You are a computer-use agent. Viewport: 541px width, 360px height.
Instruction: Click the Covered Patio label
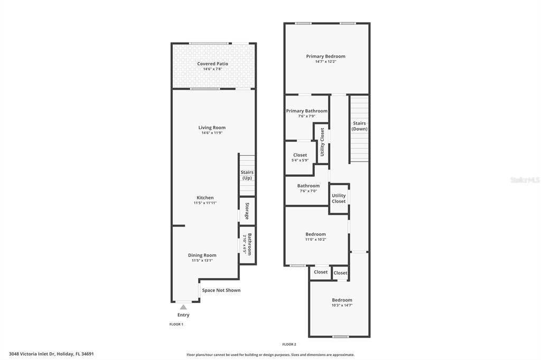[212, 64]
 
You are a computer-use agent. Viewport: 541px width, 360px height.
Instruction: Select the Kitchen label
[205, 198]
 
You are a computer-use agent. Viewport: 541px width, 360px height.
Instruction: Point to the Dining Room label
[202, 255]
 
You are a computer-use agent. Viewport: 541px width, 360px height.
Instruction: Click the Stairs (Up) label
[247, 175]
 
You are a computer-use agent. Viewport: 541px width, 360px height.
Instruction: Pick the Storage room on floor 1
[247, 211]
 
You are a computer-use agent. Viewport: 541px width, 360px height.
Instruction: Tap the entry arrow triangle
[183, 307]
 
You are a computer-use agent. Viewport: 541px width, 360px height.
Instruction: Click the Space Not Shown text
[221, 290]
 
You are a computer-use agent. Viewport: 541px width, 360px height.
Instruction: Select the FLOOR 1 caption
[176, 324]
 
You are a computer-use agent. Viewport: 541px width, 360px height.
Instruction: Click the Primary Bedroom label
[325, 56]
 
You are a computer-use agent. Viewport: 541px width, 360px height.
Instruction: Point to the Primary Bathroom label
[306, 111]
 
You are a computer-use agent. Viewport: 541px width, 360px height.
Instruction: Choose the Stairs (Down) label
[359, 126]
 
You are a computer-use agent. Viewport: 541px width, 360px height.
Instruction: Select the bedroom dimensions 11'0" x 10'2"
[315, 240]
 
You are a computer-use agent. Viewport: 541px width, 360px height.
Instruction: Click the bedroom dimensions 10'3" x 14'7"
[342, 305]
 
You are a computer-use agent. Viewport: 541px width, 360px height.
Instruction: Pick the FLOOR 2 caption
[289, 344]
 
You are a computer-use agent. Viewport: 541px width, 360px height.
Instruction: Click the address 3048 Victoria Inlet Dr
[51, 354]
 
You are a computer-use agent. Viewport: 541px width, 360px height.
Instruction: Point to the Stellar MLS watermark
[525, 180]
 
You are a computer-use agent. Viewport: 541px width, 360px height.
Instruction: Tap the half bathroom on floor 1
[247, 244]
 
